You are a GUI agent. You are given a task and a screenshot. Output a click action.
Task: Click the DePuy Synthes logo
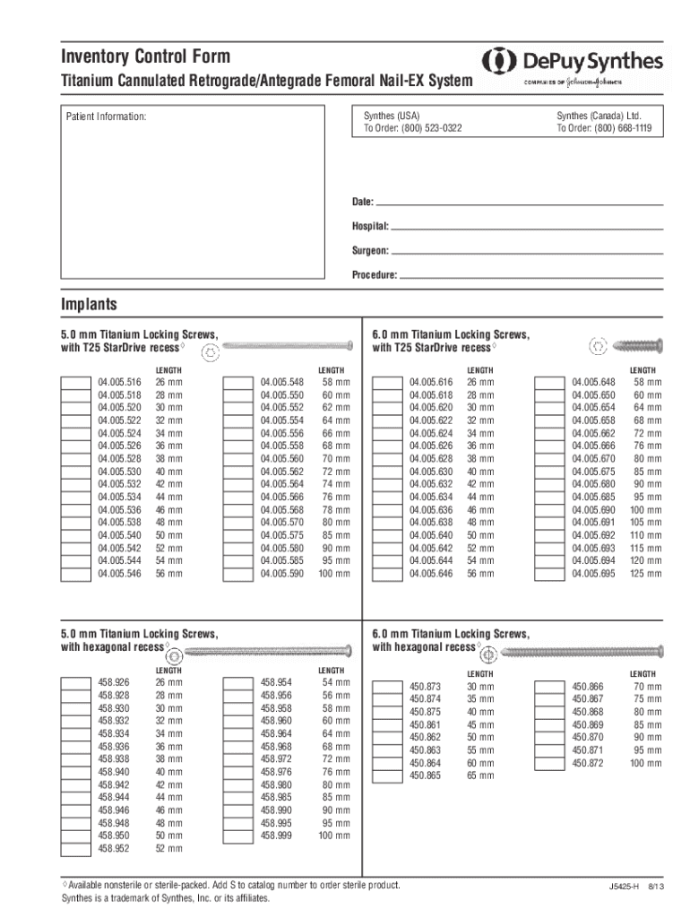[x=573, y=63]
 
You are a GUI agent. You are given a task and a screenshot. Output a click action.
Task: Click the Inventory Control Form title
[x=145, y=57]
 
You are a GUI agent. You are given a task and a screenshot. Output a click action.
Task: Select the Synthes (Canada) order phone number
[x=603, y=129]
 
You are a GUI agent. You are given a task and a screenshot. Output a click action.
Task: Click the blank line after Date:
[x=520, y=204]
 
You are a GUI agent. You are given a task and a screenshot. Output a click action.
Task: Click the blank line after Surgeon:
[x=529, y=251]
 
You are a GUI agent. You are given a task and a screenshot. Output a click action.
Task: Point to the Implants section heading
[x=89, y=304]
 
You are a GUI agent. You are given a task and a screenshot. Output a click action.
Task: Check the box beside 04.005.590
[x=237, y=573]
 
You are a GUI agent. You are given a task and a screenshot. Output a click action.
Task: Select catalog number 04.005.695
[x=594, y=573]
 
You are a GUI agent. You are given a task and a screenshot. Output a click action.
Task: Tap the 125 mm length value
[x=645, y=573]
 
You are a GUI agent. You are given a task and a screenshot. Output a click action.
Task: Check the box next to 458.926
[x=74, y=683]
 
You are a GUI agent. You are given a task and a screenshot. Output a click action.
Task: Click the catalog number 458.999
[x=276, y=836]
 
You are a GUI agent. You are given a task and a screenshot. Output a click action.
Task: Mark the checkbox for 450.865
[x=386, y=776]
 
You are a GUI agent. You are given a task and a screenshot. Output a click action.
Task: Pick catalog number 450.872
[x=588, y=764]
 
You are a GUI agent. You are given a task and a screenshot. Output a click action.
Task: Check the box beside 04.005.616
[x=386, y=383]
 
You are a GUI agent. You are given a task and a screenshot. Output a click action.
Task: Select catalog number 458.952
[x=114, y=848]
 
